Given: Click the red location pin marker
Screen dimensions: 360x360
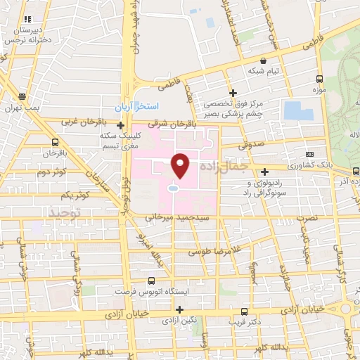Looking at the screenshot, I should click(x=181, y=166).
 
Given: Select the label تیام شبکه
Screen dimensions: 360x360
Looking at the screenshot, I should click(x=263, y=71).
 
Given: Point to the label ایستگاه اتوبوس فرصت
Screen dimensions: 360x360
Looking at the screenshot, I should click(x=144, y=289).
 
